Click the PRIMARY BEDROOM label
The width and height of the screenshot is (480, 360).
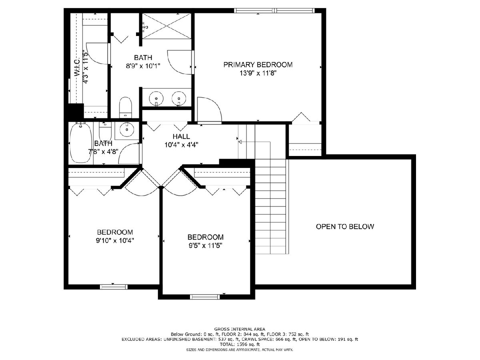coord(258,65)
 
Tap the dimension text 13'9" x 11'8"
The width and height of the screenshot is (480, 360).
coord(258,73)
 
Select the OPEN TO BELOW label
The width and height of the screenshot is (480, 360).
coord(345,226)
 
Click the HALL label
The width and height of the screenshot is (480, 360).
coord(181,136)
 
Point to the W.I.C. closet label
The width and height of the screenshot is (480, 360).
coord(77,67)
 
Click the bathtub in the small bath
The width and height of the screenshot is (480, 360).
coord(81,143)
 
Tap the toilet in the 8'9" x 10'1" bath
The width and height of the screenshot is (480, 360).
coord(126,107)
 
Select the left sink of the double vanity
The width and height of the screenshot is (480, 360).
coord(156,99)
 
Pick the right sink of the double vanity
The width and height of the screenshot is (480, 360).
coord(179,99)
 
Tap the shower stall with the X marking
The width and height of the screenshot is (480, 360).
coord(167,26)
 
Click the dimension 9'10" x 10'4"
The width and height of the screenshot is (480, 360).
coord(115,241)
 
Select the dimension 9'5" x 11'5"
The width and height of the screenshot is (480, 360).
coord(205,246)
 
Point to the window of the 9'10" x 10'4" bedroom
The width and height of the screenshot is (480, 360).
coord(114,287)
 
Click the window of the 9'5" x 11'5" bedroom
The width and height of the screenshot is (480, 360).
coord(205,297)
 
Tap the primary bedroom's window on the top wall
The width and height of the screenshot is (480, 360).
coord(274,10)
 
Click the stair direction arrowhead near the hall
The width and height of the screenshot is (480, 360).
coord(240,142)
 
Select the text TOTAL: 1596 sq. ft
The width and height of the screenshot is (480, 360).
coord(240,344)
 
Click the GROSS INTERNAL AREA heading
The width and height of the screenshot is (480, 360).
coord(240,329)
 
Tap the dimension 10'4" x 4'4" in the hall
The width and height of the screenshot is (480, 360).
coord(181,145)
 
